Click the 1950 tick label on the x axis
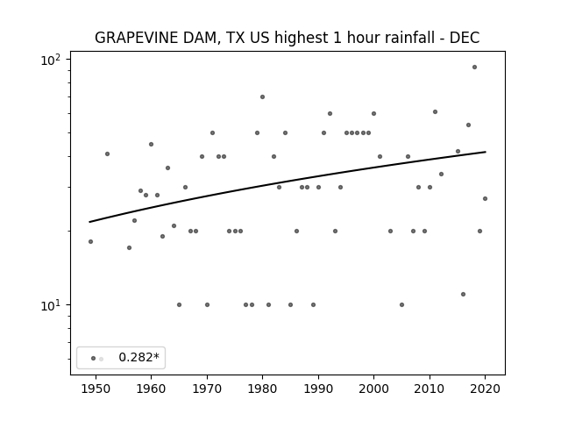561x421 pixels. pyautogui.click(x=96, y=389)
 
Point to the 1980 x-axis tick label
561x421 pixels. pyautogui.click(x=262, y=389)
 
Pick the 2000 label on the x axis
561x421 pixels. pyautogui.click(x=374, y=389)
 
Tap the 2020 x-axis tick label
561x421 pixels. pyautogui.click(x=485, y=389)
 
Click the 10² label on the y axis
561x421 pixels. pyautogui.click(x=51, y=60)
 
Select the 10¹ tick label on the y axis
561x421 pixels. pyautogui.click(x=51, y=305)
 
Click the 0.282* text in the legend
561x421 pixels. pyautogui.click(x=138, y=357)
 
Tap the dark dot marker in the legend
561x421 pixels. pyautogui.click(x=93, y=358)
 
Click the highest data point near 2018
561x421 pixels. pyautogui.click(x=474, y=67)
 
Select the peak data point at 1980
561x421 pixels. pyautogui.click(x=262, y=97)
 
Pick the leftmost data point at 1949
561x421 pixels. pyautogui.click(x=90, y=242)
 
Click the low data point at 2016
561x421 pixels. pyautogui.click(x=463, y=295)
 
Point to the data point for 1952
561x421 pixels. pyautogui.click(x=107, y=154)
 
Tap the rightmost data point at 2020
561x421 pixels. pyautogui.click(x=485, y=199)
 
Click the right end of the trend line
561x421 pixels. pyautogui.click(x=486, y=152)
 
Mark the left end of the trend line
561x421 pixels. pyautogui.click(x=89, y=222)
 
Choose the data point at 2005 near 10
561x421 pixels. pyautogui.click(x=401, y=305)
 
